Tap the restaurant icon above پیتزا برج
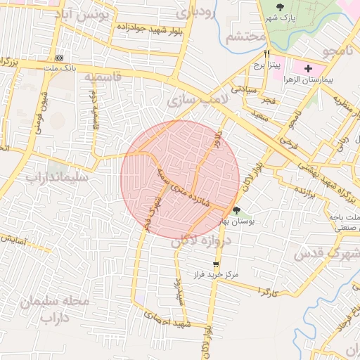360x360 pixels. point(266,54)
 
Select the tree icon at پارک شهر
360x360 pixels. point(280,8)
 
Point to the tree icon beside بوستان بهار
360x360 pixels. point(236,210)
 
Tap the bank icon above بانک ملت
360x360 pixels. point(59,58)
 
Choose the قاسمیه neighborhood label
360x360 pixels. point(103,77)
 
